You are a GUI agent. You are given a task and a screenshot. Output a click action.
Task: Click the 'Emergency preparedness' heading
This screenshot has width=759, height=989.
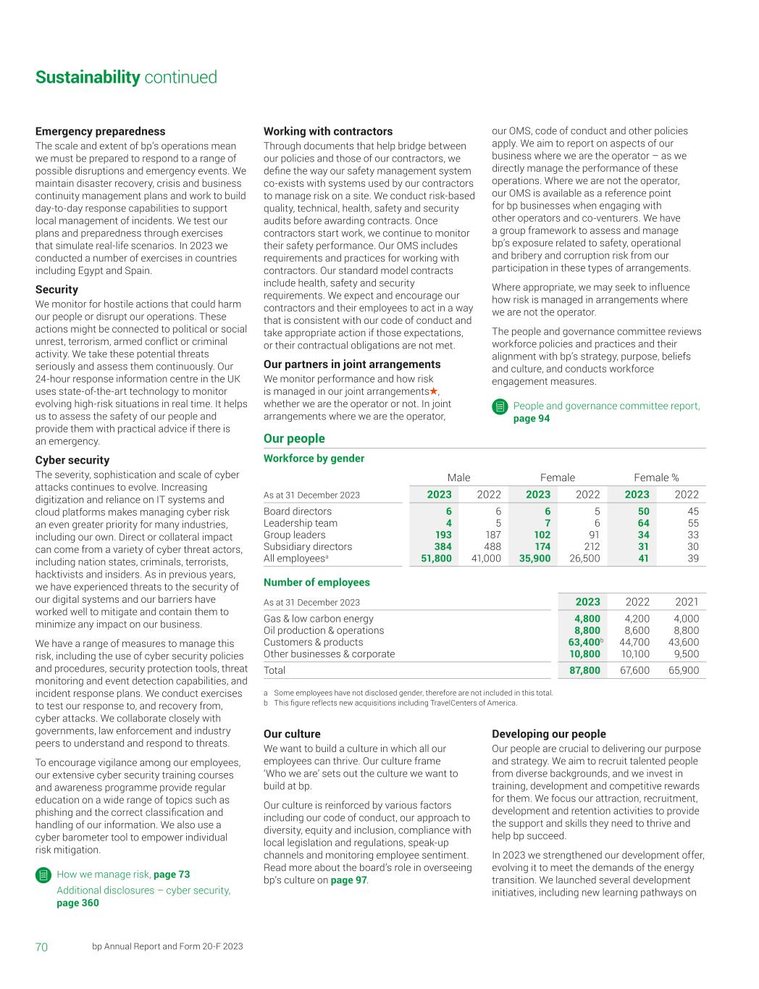tap(100, 131)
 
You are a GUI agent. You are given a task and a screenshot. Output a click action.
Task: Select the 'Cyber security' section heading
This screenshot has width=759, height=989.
tap(72, 459)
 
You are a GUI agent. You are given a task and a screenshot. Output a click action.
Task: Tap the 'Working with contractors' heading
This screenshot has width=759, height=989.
tap(327, 131)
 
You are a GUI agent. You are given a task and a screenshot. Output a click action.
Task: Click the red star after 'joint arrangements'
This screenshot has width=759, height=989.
tap(434, 391)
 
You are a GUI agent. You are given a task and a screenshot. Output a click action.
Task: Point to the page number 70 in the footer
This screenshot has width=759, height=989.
tap(41, 947)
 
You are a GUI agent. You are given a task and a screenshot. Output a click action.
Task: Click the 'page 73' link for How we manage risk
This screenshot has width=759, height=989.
tap(172, 875)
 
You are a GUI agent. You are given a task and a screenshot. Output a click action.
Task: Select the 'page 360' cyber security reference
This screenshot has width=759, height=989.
tap(77, 903)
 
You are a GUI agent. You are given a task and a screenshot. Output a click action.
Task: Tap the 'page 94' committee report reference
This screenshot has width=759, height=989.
tap(531, 419)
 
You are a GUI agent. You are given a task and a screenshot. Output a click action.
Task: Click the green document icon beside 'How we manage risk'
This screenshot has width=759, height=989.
tap(43, 875)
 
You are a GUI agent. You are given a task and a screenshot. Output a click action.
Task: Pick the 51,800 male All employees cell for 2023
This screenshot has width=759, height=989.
tap(436, 559)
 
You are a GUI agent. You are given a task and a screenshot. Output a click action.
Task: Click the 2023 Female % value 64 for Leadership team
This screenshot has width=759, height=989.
tap(643, 523)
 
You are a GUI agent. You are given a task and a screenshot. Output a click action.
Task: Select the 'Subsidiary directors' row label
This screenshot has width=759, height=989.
tap(307, 547)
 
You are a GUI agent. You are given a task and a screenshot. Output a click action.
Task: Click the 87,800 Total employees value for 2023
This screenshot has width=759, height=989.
tap(584, 671)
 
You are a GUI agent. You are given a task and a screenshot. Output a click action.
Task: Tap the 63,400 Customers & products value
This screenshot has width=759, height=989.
tap(584, 642)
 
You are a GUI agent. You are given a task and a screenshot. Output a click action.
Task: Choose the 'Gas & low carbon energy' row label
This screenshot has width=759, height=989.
tap(318, 619)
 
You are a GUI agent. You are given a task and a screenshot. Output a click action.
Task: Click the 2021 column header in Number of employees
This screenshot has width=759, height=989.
tap(686, 601)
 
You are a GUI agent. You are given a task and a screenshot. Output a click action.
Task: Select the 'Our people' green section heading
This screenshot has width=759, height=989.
tap(294, 438)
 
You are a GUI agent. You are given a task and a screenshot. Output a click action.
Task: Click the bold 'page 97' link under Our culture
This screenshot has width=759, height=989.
tap(348, 880)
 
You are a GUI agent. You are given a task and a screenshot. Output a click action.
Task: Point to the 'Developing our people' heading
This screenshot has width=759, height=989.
tap(548, 734)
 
